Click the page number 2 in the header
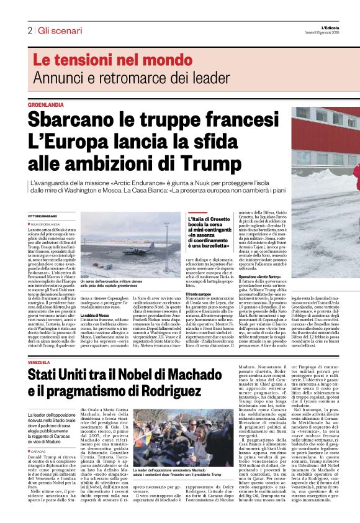29,30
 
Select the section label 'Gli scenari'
58,30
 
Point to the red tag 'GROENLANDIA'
45,105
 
